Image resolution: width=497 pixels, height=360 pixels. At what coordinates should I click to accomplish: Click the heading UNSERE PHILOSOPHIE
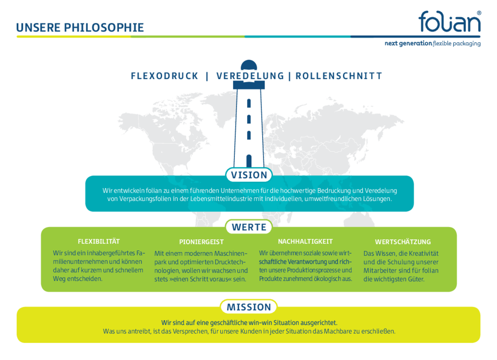[x=80, y=28]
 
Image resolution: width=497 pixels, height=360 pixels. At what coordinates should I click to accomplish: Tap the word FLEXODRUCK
[x=165, y=76]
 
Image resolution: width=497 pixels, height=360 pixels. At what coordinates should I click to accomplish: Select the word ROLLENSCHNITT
[x=339, y=76]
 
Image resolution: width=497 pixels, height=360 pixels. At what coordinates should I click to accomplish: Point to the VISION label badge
[x=249, y=175]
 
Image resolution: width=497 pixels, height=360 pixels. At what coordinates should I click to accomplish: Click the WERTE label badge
[x=249, y=227]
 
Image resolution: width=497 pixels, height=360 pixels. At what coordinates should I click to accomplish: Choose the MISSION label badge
[x=249, y=307]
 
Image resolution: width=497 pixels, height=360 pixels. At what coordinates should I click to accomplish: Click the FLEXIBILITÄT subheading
[x=99, y=242]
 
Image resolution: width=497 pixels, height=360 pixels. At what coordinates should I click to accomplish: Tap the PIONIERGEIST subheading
[x=201, y=242]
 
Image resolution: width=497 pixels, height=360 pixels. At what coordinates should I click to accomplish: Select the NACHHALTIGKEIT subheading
[x=305, y=242]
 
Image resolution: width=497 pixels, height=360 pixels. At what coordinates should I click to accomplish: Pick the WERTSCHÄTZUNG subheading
[x=403, y=242]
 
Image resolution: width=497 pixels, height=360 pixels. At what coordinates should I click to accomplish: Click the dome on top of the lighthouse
[x=249, y=65]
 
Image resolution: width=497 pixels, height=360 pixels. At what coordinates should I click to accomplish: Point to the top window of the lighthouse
[x=249, y=103]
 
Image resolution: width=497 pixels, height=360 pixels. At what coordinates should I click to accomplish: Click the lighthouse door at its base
[x=249, y=161]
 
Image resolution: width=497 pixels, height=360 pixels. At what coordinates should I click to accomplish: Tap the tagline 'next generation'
[x=408, y=43]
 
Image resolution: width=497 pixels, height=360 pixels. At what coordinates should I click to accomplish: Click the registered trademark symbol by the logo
[x=479, y=13]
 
